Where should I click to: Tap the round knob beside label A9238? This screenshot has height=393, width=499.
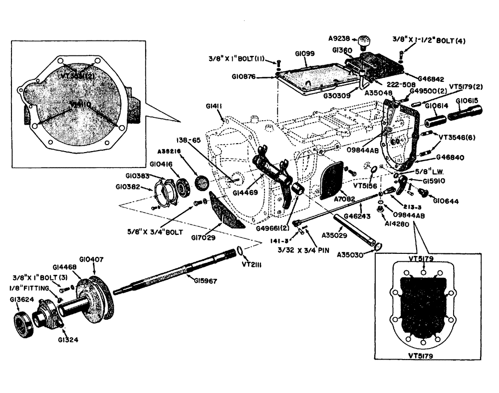click(x=364, y=40)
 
